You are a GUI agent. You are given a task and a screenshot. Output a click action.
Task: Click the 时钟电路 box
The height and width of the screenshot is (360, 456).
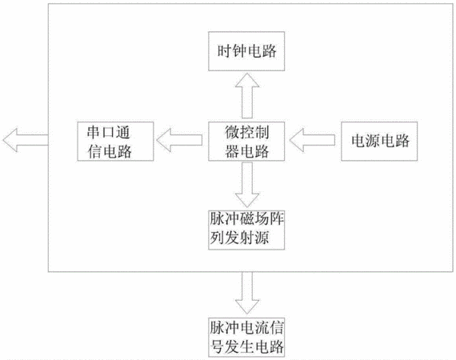click(246, 51)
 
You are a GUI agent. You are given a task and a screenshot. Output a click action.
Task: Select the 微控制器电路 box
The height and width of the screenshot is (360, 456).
click(246, 142)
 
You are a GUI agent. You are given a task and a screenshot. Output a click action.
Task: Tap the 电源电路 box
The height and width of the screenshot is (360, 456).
click(379, 142)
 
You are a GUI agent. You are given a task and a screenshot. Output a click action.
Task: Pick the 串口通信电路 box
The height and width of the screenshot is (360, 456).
click(115, 142)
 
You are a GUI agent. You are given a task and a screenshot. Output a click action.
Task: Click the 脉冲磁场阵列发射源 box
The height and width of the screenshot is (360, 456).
click(246, 230)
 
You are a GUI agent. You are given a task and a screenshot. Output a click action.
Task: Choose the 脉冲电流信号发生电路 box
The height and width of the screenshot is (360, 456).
click(246, 338)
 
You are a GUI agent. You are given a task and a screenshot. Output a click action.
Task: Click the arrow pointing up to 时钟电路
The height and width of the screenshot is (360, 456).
click(247, 96)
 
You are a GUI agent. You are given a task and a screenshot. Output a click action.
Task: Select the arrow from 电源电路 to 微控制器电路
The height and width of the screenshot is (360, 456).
click(312, 140)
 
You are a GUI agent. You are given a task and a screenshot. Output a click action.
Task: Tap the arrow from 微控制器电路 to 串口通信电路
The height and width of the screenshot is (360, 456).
click(179, 140)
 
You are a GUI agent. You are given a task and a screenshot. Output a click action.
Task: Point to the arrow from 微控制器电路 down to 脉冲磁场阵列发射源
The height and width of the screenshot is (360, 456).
click(247, 185)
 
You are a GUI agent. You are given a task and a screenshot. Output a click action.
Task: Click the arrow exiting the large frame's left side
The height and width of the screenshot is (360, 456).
click(26, 140)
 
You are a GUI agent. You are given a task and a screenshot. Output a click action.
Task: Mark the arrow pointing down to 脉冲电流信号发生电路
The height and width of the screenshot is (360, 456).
click(247, 293)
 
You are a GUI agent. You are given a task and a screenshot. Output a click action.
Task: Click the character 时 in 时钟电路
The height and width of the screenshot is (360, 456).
click(225, 51)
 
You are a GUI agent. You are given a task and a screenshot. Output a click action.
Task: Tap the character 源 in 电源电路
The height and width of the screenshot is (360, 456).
click(373, 141)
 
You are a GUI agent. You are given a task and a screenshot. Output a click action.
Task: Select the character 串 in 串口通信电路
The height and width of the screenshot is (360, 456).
click(94, 132)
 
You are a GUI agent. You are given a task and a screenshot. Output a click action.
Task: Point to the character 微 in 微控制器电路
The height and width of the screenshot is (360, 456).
click(232, 132)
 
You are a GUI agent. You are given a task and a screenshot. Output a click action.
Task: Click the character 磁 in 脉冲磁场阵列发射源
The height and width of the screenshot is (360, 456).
click(246, 218)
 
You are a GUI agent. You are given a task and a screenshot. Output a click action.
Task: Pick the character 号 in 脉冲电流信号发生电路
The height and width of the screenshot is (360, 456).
click(218, 346)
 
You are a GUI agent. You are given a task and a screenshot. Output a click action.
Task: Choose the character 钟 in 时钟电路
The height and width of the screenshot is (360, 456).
click(239, 51)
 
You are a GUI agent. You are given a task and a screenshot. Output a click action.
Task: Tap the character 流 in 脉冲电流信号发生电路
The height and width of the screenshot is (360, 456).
click(261, 328)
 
